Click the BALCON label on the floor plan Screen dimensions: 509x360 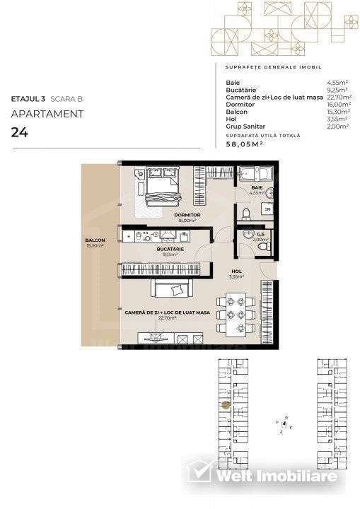tap(95, 241)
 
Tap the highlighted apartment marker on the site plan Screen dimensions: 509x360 tap(226, 405)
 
